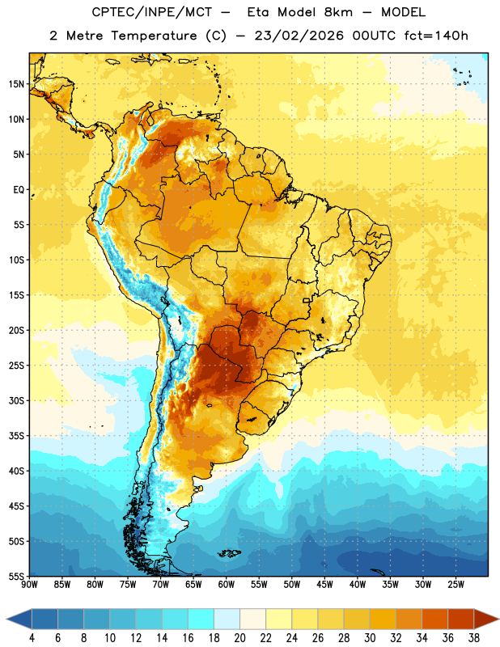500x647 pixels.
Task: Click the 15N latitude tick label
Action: tap(16, 84)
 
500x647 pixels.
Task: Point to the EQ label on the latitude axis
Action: tap(19, 190)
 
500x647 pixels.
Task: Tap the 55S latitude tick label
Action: tap(16, 577)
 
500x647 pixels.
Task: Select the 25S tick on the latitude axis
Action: tap(16, 366)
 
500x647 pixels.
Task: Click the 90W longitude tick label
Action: tap(29, 585)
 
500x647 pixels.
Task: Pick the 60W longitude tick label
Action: tap(227, 585)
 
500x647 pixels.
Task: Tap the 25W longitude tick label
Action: tap(456, 585)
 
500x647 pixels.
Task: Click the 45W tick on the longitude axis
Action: tap(324, 585)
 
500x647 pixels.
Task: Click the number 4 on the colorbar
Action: tap(32, 638)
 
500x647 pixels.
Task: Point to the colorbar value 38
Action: tap(474, 638)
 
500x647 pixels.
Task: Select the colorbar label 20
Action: tap(239, 638)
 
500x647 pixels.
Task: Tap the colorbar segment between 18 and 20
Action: tap(227, 620)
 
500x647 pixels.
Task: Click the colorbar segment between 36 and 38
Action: tap(461, 620)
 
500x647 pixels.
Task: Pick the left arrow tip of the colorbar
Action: tap(6, 620)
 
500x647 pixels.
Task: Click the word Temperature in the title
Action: tap(154, 36)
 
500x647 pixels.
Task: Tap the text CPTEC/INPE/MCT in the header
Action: tap(151, 12)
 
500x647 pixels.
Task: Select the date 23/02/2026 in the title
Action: tap(299, 36)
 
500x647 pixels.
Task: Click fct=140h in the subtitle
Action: tap(436, 36)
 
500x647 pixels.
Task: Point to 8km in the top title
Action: tap(338, 12)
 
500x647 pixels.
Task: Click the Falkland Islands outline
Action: tap(229, 553)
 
